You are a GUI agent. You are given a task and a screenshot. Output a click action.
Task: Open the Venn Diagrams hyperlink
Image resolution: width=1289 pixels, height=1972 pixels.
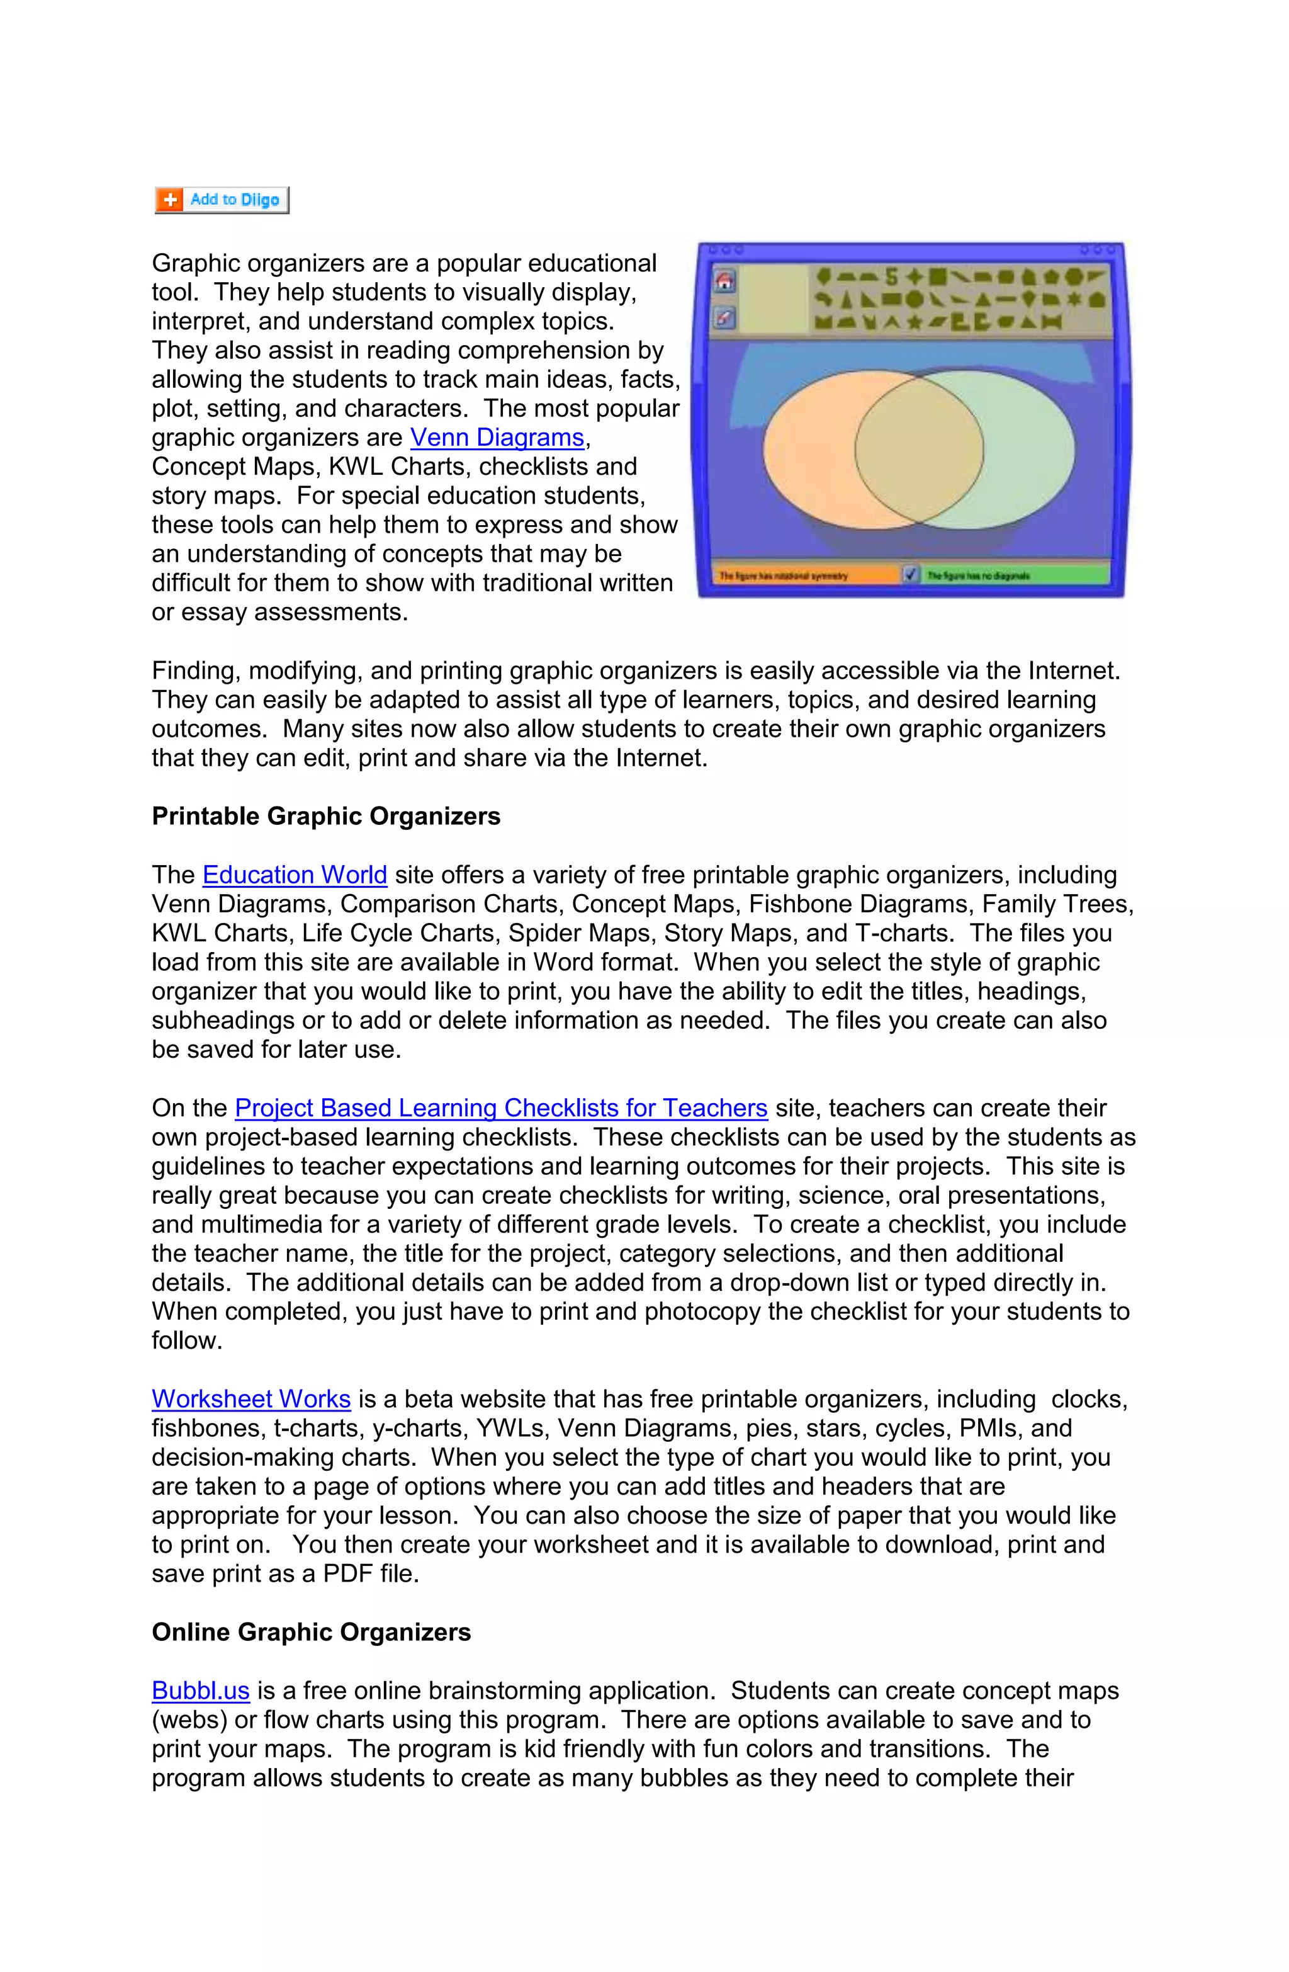tap(497, 438)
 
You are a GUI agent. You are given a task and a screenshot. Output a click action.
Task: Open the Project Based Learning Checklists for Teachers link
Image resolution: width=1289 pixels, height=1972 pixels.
tap(500, 1108)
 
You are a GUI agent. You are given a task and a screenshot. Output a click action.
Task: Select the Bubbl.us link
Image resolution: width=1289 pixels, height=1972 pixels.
tap(201, 1691)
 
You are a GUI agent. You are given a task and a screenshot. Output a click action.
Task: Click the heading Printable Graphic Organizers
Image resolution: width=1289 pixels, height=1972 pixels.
tap(325, 816)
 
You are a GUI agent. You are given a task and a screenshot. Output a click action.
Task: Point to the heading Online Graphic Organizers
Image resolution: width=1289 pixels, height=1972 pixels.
tap(311, 1632)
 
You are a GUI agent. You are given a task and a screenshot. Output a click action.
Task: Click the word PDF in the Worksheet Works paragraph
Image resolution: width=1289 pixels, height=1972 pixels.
tap(347, 1573)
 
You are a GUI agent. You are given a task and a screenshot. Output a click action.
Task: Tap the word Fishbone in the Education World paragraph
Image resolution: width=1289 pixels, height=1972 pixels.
tap(800, 904)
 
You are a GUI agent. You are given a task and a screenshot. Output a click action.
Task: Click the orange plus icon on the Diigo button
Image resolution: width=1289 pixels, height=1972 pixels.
tap(170, 200)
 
